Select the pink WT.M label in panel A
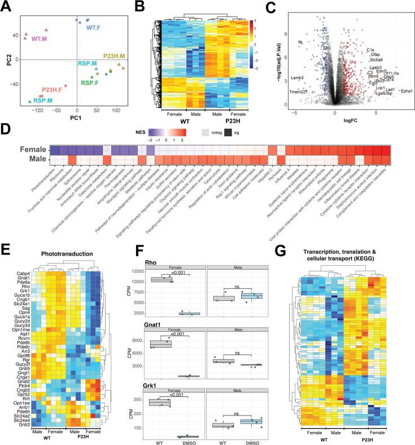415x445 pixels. pyautogui.click(x=40, y=39)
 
